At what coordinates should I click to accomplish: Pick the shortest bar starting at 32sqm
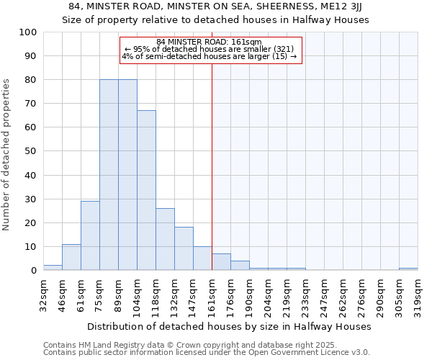click(x=53, y=268)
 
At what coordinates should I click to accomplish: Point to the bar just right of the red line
click(x=221, y=262)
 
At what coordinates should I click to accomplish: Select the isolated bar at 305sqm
click(x=408, y=269)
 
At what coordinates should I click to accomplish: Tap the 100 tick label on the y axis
click(x=27, y=32)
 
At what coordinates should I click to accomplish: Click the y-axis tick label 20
click(x=30, y=222)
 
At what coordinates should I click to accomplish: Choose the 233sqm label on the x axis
click(x=305, y=293)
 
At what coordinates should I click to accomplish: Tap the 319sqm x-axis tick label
click(x=418, y=293)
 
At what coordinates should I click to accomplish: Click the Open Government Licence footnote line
click(x=206, y=352)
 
